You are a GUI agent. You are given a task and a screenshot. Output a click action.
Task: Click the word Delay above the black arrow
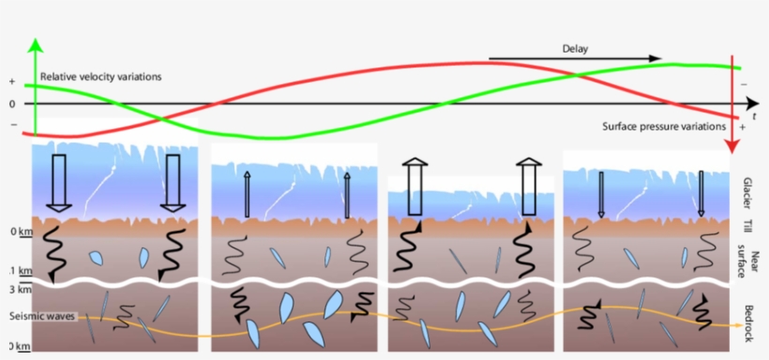tap(575, 48)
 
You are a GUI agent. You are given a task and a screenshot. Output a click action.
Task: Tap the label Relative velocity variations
tap(100, 76)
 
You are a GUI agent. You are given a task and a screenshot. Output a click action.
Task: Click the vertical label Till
tap(747, 225)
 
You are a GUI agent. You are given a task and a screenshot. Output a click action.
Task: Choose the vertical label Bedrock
tap(747, 319)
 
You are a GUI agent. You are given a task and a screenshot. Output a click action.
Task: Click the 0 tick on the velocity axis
tap(12, 103)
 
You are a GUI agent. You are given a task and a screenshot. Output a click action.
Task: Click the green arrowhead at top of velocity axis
tap(35, 44)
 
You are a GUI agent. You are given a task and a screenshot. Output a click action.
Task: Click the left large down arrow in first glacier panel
tap(59, 183)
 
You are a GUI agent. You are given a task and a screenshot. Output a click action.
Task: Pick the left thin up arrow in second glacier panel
tap(248, 194)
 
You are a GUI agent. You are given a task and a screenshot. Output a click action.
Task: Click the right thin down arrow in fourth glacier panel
tap(701, 194)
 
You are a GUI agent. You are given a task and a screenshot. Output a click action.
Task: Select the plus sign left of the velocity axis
tap(12, 82)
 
